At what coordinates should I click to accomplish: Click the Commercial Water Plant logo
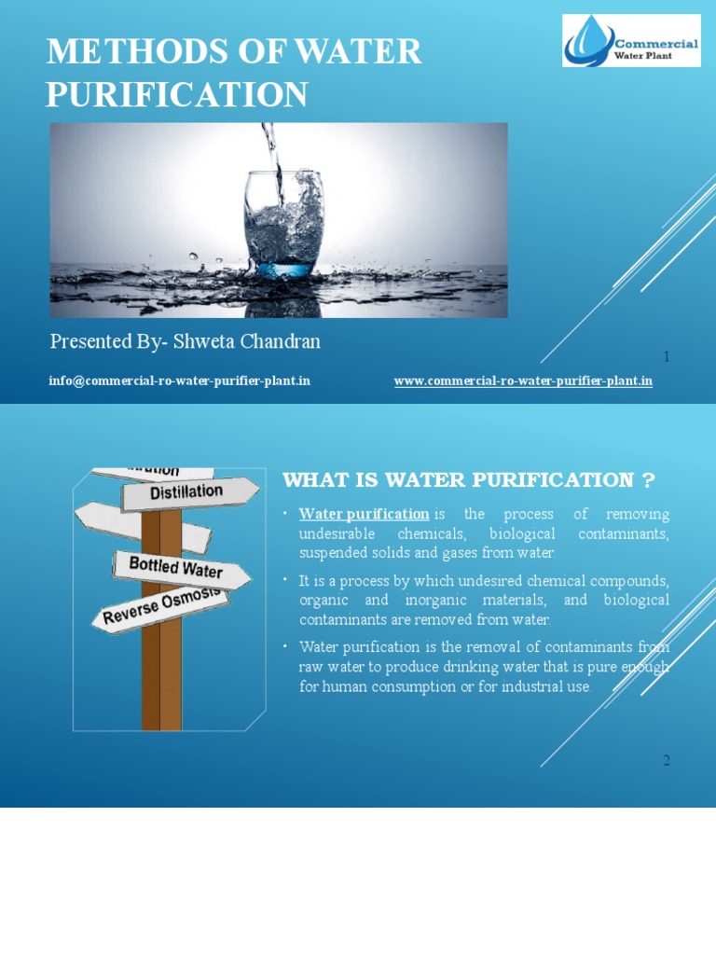point(631,40)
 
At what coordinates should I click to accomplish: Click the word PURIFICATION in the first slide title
point(177,94)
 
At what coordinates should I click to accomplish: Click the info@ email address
point(179,381)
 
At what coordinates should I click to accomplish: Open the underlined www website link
point(523,381)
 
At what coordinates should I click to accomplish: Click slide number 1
point(667,356)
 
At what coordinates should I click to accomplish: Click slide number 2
point(667,760)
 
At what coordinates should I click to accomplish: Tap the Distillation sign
point(188,491)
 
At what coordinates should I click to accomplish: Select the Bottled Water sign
point(177,568)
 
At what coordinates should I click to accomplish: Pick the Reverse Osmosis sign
point(160,605)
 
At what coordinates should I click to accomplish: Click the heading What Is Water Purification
point(469,480)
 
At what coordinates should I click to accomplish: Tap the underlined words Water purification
point(364,514)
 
